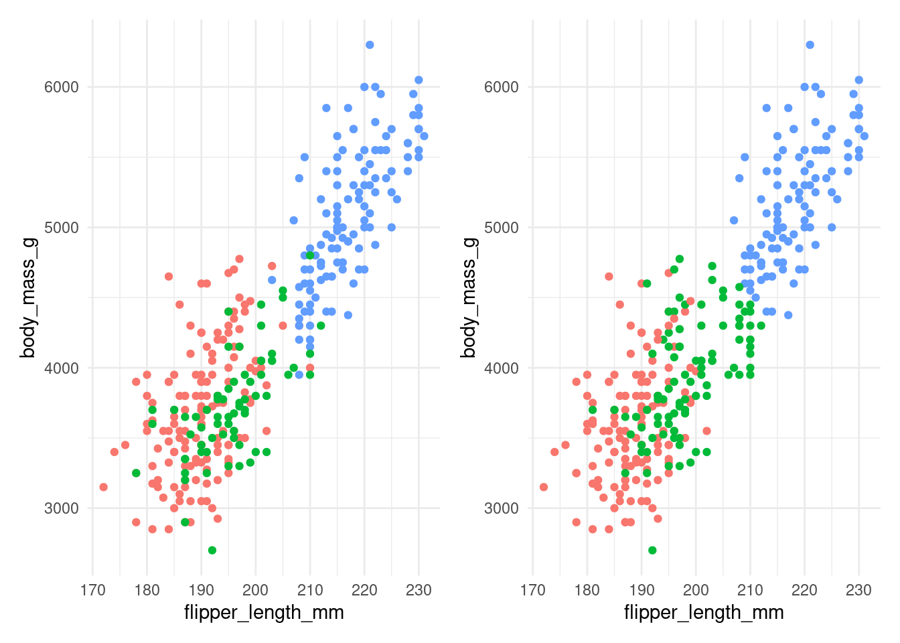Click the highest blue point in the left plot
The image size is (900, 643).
tap(370, 45)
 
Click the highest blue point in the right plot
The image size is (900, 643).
tap(810, 45)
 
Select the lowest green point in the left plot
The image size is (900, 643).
tap(212, 550)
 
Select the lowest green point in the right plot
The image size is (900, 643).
tap(652, 550)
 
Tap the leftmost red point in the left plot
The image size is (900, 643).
tap(104, 487)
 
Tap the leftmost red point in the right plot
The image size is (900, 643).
tap(544, 487)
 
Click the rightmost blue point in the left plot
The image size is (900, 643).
tap(424, 136)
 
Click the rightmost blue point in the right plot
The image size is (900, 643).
tap(864, 136)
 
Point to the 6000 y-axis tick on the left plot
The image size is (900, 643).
tap(62, 87)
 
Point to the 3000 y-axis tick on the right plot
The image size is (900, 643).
tap(502, 508)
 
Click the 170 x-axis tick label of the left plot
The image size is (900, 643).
tap(92, 590)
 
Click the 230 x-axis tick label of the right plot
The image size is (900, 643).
tap(858, 590)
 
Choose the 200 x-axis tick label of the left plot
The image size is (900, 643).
tap(255, 590)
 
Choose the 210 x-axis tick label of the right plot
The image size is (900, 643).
tap(750, 590)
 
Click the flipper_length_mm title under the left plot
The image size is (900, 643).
tap(264, 612)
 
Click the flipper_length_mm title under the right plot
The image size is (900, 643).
tap(704, 612)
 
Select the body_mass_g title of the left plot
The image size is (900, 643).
tap(27, 298)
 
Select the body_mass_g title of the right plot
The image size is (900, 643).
tap(468, 298)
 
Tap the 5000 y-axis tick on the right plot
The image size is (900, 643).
tap(502, 228)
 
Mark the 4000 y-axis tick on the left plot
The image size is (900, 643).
tap(62, 368)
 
